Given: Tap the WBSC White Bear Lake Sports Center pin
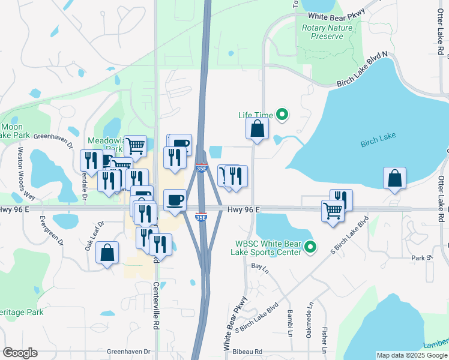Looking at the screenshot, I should tap(310, 247).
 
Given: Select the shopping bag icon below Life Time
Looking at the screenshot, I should tap(257, 128).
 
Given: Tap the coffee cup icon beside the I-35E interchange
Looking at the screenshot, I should tap(175, 200).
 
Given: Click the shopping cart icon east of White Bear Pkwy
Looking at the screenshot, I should tap(333, 211).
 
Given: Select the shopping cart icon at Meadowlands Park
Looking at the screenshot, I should tap(136, 145).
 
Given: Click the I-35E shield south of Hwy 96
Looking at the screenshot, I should tap(202, 217).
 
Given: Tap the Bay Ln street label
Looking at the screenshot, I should tap(258, 265).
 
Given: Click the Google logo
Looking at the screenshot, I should tap(20, 352).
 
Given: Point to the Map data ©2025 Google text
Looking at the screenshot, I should tap(411, 355).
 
